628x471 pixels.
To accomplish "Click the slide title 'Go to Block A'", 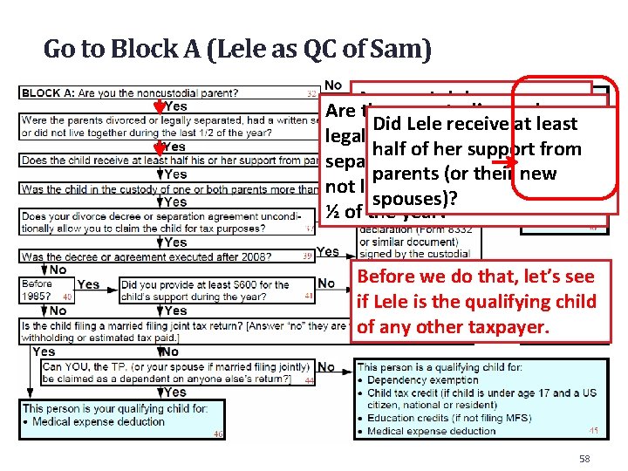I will click(236, 49).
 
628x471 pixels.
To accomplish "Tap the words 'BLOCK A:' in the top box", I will click(49, 92).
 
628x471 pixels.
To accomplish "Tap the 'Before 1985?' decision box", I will click(44, 290).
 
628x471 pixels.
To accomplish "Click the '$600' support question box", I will click(218, 290).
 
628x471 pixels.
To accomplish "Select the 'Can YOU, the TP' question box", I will click(165, 372).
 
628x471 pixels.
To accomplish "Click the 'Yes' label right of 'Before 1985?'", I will click(88, 284).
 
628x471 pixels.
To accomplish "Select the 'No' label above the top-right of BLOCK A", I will click(332, 85).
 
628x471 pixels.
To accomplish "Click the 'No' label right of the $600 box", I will click(326, 283).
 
